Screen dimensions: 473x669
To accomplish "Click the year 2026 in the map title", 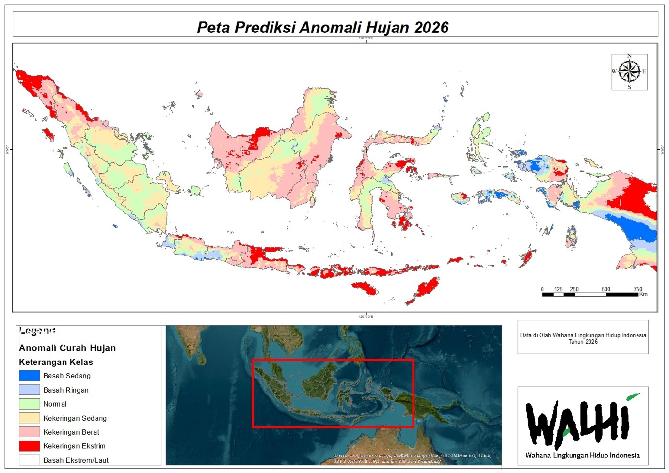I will pyautogui.click(x=431, y=27).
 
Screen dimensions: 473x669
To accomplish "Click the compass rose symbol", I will pyautogui.click(x=629, y=72).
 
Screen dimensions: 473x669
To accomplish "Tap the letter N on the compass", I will pyautogui.click(x=629, y=56).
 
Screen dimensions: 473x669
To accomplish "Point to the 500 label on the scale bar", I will pyautogui.click(x=605, y=289).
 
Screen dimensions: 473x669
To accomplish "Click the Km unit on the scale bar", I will pyautogui.click(x=643, y=294).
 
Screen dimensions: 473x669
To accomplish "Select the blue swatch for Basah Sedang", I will pyautogui.click(x=30, y=376).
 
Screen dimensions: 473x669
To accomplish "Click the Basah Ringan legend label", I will pyautogui.click(x=66, y=390).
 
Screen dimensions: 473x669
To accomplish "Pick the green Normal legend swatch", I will pyautogui.click(x=30, y=404).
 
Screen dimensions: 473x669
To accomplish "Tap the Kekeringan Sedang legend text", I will pyautogui.click(x=75, y=418).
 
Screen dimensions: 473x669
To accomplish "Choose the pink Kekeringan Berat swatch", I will pyautogui.click(x=30, y=432).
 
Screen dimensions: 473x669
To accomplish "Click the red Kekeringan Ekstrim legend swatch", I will pyautogui.click(x=30, y=446).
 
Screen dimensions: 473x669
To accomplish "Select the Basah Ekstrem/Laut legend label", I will pyautogui.click(x=76, y=460).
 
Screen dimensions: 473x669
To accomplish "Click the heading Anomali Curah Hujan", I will pyautogui.click(x=67, y=348).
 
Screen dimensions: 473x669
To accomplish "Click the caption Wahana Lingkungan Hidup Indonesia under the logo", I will pyautogui.click(x=582, y=456).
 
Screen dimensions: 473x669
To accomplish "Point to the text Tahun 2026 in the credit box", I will pyautogui.click(x=583, y=342).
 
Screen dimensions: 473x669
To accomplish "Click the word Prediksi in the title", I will pyautogui.click(x=265, y=27).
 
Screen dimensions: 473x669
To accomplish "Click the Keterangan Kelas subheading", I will pyautogui.click(x=56, y=362).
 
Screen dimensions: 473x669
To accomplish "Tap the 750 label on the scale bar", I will pyautogui.click(x=637, y=289).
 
